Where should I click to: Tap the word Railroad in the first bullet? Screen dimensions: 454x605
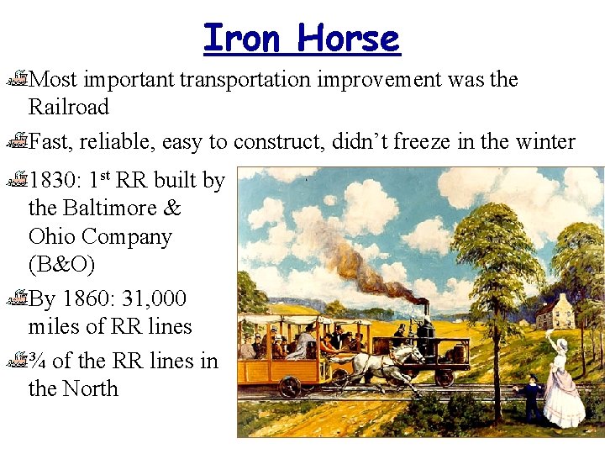[x=69, y=107]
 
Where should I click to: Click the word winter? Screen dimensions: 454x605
[x=545, y=142]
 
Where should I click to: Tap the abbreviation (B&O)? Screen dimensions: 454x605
[x=61, y=264]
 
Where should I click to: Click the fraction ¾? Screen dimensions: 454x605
[x=38, y=361]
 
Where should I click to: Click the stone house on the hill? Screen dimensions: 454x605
[x=556, y=313]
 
